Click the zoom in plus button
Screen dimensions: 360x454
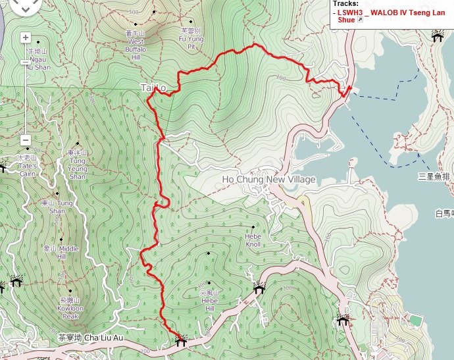(25, 38)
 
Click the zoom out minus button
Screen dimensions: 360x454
(25, 140)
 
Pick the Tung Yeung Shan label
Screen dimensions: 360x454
(77, 168)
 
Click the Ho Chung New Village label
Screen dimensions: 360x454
(268, 180)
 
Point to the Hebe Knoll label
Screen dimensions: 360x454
(253, 240)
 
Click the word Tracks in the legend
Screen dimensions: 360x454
(345, 3)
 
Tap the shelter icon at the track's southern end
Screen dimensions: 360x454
(180, 342)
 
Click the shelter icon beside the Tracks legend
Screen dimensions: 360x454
(437, 37)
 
